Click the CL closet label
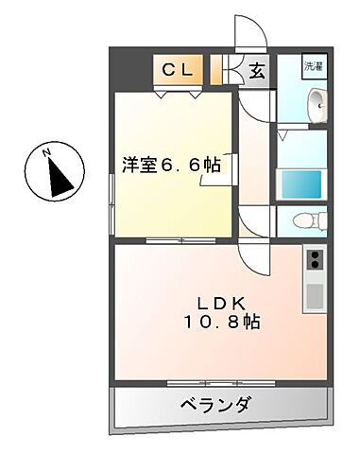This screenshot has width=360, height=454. pyautogui.click(x=180, y=69)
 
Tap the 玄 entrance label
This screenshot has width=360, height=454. pyautogui.click(x=256, y=70)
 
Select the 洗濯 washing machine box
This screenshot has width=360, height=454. pyautogui.click(x=313, y=68)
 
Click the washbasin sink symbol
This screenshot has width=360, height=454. pyautogui.click(x=318, y=105)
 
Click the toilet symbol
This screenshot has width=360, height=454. pyautogui.click(x=306, y=221)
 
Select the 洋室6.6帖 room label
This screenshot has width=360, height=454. pyautogui.click(x=171, y=165)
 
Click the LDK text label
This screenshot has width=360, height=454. pyautogui.click(x=222, y=303)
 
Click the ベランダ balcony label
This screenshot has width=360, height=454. pyautogui.click(x=215, y=406)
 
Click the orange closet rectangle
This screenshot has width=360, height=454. pyautogui.click(x=180, y=70)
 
